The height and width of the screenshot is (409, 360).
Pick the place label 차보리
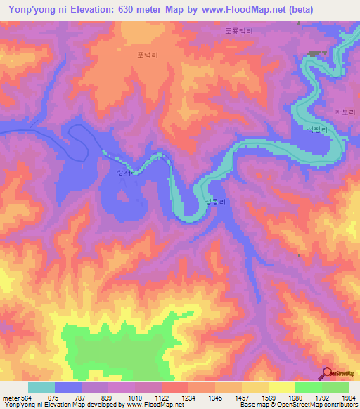[346, 112]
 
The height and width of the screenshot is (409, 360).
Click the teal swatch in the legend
[41, 387]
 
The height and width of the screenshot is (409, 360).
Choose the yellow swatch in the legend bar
[281, 387]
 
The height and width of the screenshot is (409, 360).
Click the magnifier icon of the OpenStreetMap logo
[328, 372]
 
